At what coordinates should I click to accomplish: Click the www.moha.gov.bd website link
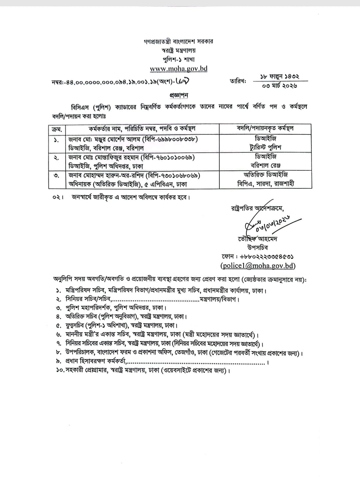(179, 69)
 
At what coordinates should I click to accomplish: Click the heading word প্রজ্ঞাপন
(179, 95)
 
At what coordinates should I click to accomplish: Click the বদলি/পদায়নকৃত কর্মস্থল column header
(265, 129)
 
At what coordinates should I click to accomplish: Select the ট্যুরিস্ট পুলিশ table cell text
(266, 147)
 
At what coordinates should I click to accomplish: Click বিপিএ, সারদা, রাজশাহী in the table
(266, 184)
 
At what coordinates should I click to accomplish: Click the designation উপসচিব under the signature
(257, 248)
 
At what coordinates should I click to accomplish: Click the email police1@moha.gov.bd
(258, 266)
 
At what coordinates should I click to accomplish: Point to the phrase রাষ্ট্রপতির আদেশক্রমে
(257, 208)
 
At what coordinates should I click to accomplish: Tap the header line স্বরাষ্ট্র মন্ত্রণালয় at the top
(178, 51)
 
